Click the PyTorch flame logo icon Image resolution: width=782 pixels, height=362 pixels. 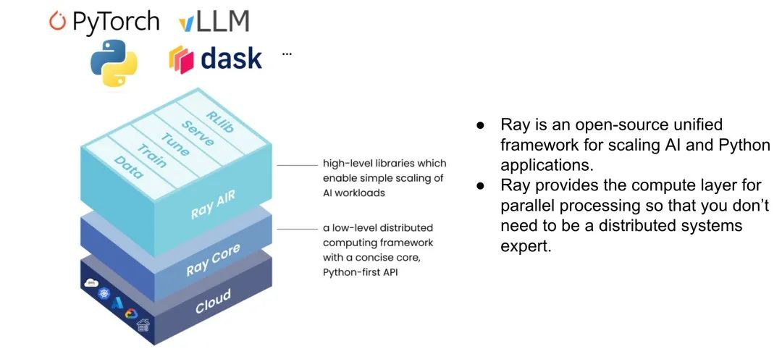tap(57, 21)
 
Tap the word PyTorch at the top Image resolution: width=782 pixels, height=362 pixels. tap(115, 21)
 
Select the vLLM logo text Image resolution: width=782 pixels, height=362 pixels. tap(214, 22)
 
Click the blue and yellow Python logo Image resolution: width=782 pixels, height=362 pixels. tap(114, 63)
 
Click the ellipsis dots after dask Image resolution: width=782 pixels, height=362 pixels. tap(287, 54)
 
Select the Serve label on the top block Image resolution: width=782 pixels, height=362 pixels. tap(197, 132)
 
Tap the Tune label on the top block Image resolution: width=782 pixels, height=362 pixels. tap(175, 143)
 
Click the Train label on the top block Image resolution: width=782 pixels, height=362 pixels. tap(152, 156)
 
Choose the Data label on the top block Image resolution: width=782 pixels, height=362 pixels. tap(128, 167)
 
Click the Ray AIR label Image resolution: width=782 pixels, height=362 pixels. tap(212, 203)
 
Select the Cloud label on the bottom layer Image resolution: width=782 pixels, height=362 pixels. tap(213, 301)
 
